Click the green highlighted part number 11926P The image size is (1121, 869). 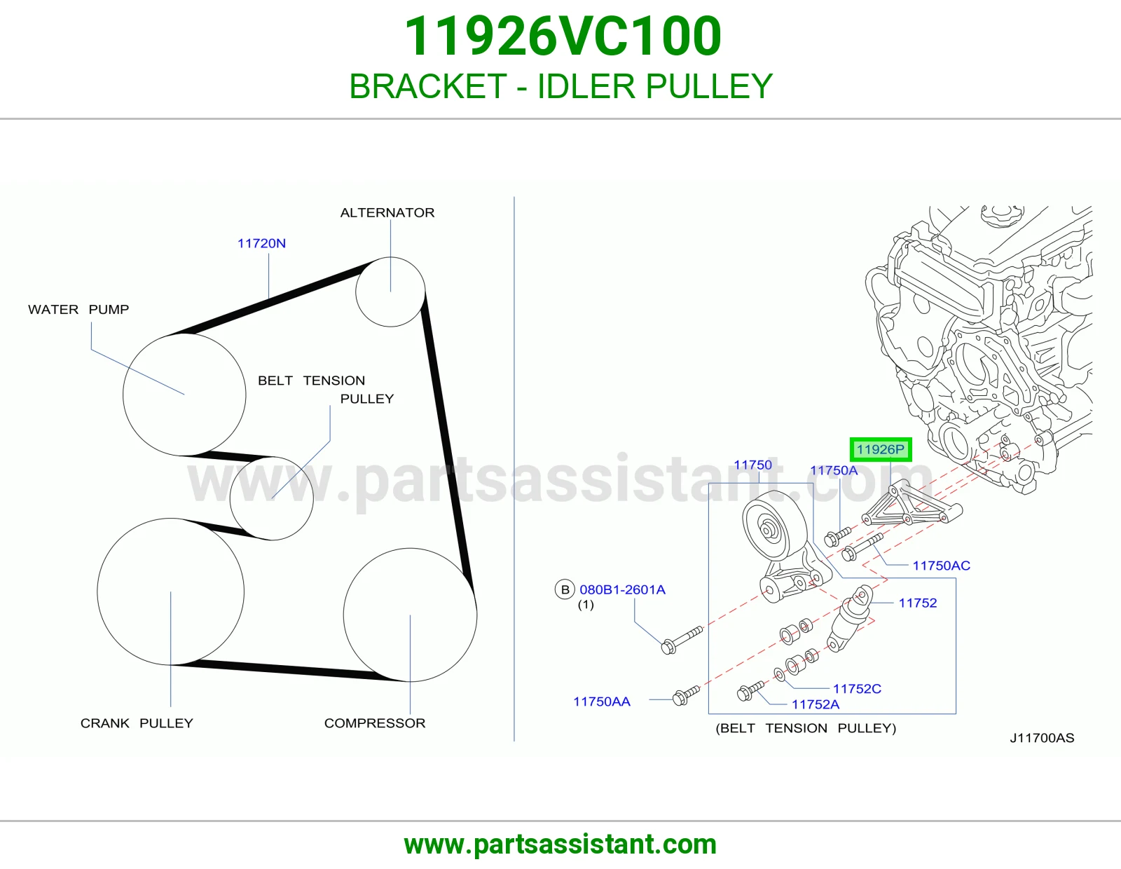pos(880,449)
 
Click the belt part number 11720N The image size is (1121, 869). pos(261,244)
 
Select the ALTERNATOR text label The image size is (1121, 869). pos(387,212)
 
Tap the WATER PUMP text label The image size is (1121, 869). pos(78,310)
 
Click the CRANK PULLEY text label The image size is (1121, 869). pos(137,723)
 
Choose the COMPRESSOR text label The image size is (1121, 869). pos(375,723)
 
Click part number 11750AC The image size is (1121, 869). pos(942,566)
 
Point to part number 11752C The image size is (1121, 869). pos(857,688)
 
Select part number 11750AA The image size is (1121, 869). pos(602,702)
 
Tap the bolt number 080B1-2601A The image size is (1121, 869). pos(623,590)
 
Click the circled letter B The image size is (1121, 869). pos(565,590)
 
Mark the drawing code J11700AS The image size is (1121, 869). pos(1042,738)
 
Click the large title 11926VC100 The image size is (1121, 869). pos(563,36)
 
